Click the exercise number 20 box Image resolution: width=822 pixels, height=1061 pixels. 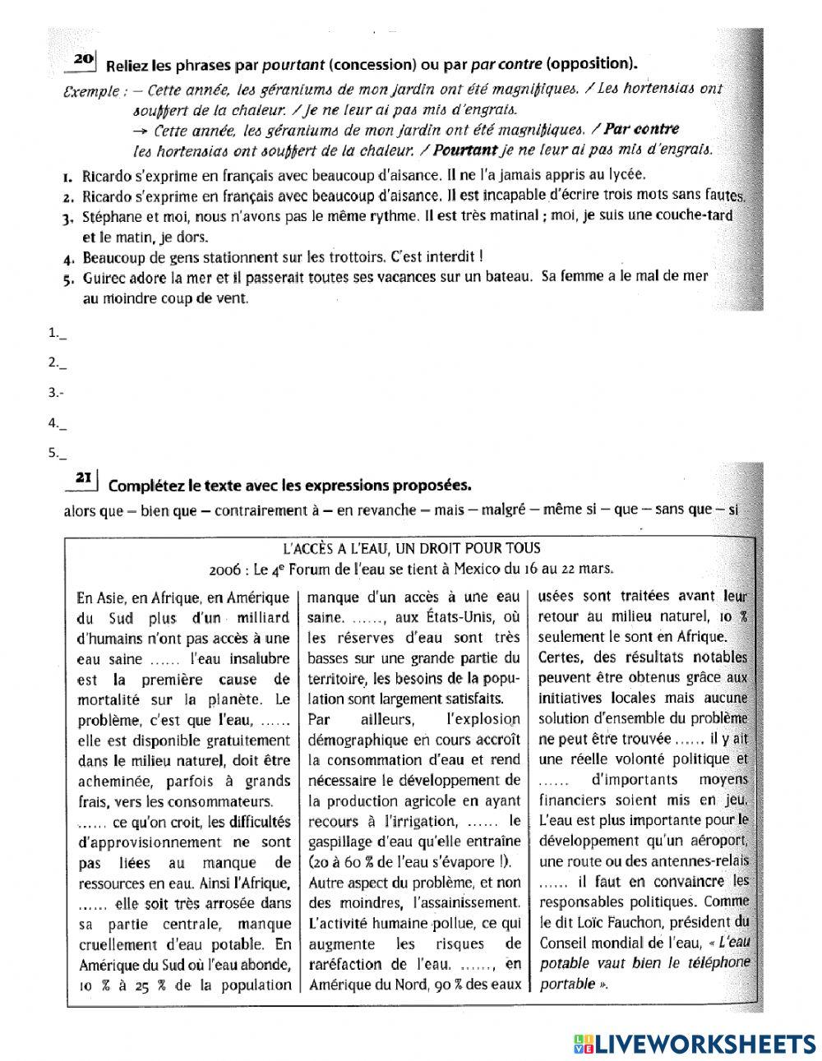[x=84, y=59]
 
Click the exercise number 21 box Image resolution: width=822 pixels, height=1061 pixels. [x=84, y=477]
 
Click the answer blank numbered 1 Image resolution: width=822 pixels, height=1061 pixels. [x=58, y=334]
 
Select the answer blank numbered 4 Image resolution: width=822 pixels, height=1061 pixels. [x=58, y=423]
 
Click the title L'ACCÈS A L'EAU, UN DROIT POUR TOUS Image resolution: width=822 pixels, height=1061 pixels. [x=411, y=548]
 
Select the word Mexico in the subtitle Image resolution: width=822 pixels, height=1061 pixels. [x=457, y=568]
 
